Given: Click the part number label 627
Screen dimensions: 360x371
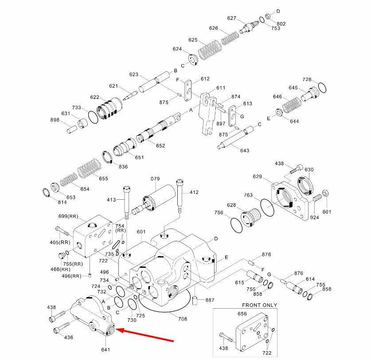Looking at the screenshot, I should [x=232, y=18].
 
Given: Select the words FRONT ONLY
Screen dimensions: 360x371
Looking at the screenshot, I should [x=259, y=305].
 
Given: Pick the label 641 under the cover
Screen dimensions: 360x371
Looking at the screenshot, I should [x=105, y=350].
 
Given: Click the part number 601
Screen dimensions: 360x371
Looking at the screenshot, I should [x=141, y=232].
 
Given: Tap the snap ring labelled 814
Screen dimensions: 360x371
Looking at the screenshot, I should [x=46, y=193].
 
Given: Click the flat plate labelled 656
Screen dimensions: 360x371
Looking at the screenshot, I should [x=254, y=332].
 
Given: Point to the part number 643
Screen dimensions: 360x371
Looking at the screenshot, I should [x=245, y=151].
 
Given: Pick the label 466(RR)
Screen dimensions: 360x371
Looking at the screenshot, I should [x=59, y=269].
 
